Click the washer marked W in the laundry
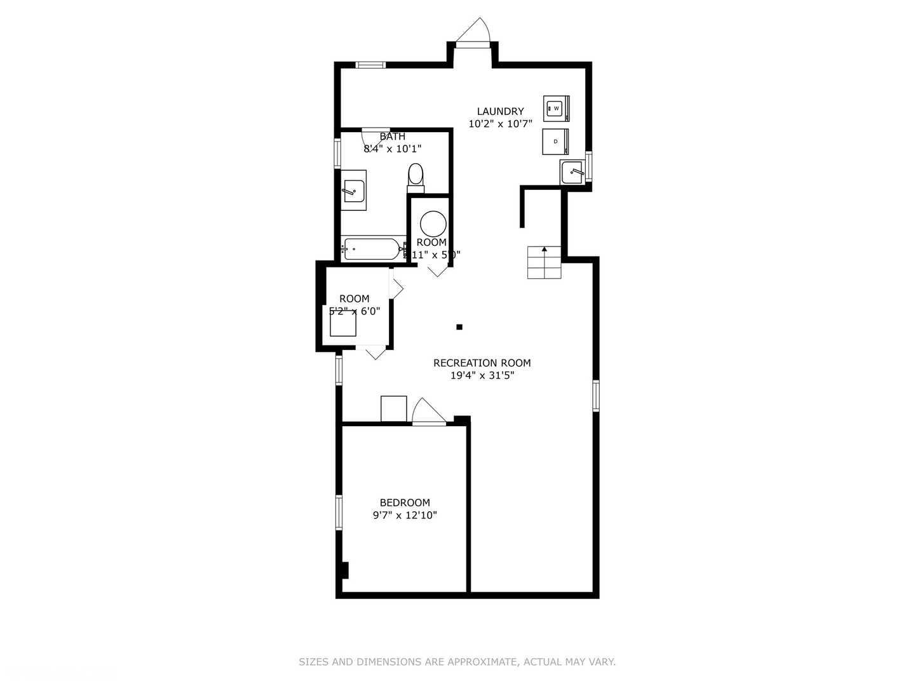556,109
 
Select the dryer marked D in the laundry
555,142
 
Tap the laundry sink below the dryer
573,172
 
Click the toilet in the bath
416,177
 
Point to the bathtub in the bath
372,248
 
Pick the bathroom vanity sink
353,191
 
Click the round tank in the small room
433,224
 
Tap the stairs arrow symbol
545,250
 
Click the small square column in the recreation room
459,327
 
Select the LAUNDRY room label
500,112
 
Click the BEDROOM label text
405,502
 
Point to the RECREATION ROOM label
482,363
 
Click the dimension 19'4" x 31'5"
482,375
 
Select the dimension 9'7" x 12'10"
405,515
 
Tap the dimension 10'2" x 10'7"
500,124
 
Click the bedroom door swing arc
428,411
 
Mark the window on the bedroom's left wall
339,512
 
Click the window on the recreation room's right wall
596,395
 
